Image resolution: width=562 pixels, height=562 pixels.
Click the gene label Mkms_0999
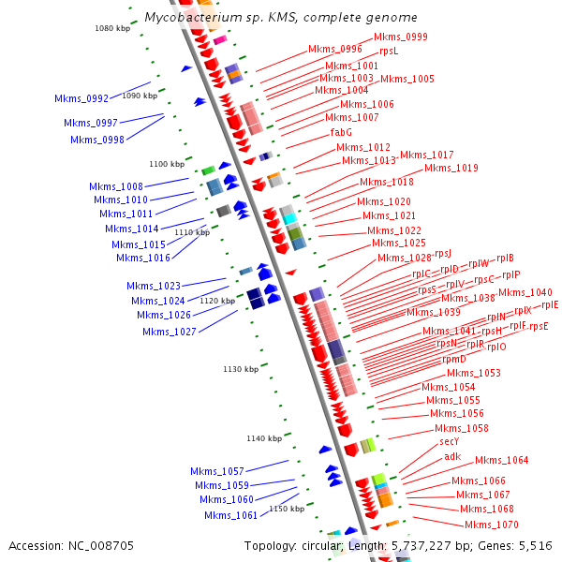click(x=400, y=37)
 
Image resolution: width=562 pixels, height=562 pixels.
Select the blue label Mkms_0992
click(x=81, y=97)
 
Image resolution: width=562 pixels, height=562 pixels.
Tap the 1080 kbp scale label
click(x=112, y=28)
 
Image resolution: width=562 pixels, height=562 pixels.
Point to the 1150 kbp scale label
click(x=287, y=509)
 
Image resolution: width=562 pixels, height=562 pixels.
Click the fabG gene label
click(x=341, y=132)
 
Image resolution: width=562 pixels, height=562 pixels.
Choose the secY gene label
click(x=449, y=441)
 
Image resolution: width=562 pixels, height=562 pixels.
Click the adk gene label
click(x=452, y=456)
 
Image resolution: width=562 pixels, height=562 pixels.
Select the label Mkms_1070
click(x=491, y=525)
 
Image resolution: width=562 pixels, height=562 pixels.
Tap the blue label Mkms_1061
click(x=230, y=515)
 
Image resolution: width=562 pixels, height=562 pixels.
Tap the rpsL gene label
click(x=389, y=51)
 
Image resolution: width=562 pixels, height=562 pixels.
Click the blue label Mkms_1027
click(x=170, y=332)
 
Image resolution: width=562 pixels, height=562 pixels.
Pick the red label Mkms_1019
click(x=451, y=168)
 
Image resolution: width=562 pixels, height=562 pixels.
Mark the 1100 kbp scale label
click(x=168, y=164)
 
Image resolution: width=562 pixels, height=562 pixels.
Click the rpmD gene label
click(x=453, y=359)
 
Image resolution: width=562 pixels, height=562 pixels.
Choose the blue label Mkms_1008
click(x=116, y=186)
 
